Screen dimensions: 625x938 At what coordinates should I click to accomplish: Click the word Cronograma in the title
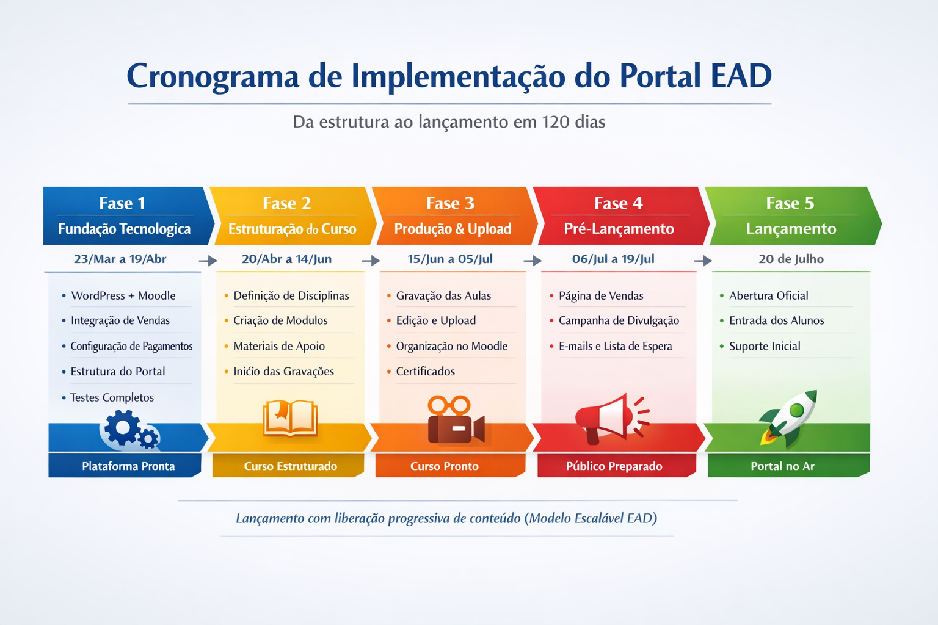pos(213,77)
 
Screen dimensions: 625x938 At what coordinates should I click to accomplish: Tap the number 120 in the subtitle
pos(555,122)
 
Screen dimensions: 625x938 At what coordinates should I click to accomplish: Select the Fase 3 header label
pos(450,203)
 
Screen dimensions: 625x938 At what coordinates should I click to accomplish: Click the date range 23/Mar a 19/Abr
pos(120,259)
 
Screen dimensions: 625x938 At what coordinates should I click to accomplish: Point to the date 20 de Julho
pos(791,259)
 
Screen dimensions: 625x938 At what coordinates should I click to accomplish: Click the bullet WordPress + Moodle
pos(123,295)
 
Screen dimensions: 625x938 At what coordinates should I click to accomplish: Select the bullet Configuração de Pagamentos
pos(131,346)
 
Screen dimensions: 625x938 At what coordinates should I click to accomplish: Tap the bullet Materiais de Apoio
pos(278,346)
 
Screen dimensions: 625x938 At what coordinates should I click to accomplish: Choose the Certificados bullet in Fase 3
pos(425,371)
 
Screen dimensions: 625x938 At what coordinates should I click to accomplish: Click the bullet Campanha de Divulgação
pos(618,320)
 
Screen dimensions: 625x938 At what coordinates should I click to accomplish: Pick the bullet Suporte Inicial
pos(764,346)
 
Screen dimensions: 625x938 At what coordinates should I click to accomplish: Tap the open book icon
pos(290,419)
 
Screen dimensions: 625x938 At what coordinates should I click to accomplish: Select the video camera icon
pos(455,421)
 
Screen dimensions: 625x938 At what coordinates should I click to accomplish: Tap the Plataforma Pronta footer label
pos(128,466)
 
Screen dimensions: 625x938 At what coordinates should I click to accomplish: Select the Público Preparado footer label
pos(614,466)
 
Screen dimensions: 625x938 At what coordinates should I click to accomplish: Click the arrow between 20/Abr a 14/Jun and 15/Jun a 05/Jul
pos(371,261)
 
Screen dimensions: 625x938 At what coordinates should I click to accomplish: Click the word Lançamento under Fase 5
pos(791,229)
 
